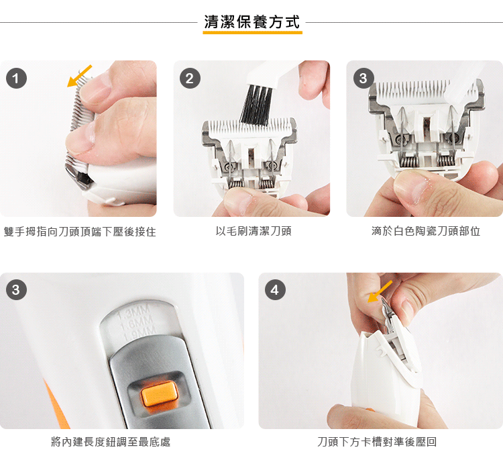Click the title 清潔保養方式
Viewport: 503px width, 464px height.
point(252,22)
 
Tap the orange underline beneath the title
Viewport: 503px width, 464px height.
point(252,32)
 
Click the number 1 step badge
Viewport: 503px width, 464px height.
point(16,79)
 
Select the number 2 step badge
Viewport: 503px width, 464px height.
point(190,79)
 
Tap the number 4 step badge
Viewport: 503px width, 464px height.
point(275,289)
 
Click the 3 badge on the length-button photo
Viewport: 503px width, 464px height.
point(16,289)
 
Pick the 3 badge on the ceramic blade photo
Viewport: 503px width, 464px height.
point(364,79)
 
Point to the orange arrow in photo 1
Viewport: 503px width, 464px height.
point(79,76)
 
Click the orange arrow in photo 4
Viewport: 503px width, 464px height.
point(380,291)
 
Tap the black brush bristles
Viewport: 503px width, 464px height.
point(256,105)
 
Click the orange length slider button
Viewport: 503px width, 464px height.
point(160,393)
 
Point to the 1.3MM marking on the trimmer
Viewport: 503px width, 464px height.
point(133,312)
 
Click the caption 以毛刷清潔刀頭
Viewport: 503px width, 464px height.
point(254,231)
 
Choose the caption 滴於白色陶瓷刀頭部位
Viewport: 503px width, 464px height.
point(426,231)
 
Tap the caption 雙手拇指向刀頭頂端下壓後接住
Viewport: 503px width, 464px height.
point(80,232)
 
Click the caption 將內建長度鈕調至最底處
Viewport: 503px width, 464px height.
point(111,442)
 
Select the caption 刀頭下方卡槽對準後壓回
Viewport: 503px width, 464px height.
point(377,442)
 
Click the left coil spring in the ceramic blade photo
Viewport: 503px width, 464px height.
point(407,161)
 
